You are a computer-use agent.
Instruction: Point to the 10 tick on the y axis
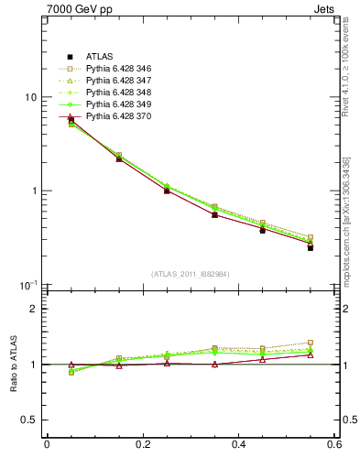pyautogui.click(x=30, y=97)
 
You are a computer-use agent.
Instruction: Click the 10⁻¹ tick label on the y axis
pyautogui.click(x=28, y=285)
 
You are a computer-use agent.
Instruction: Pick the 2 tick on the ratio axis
pyautogui.click(x=34, y=309)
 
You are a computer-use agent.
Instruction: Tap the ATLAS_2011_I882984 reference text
pyautogui.click(x=191, y=274)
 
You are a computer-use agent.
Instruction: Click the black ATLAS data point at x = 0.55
pyautogui.click(x=311, y=247)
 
